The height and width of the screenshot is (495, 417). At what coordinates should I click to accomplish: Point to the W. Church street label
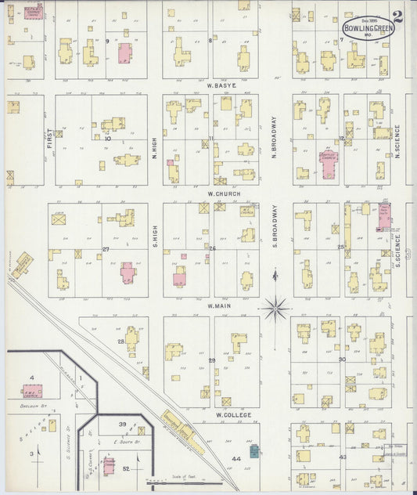coord(224,193)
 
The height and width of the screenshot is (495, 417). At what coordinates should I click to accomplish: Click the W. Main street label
coord(221,306)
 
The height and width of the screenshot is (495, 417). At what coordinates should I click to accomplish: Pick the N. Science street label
coord(397,142)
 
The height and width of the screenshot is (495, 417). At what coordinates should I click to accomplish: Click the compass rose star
coord(275,309)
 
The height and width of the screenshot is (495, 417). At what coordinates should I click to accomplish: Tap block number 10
coord(108,139)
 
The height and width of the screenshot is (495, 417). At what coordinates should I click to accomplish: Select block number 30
coord(342,359)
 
